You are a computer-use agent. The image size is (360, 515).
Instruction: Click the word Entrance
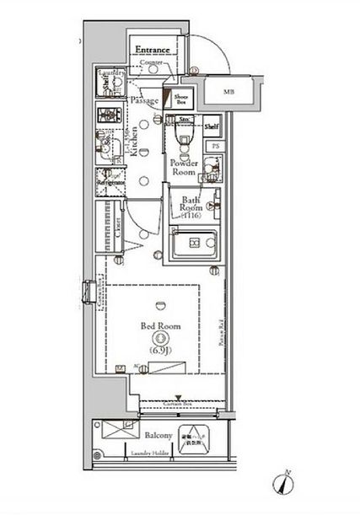(x=153, y=51)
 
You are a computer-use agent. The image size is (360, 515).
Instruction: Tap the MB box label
(x=229, y=91)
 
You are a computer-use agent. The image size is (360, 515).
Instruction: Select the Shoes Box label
(x=180, y=100)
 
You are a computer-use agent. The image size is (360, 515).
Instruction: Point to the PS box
(x=215, y=147)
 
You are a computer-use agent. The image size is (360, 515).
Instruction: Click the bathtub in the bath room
(x=195, y=244)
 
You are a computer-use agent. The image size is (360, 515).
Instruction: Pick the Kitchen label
(x=132, y=148)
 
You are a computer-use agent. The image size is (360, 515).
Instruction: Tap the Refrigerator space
(x=110, y=180)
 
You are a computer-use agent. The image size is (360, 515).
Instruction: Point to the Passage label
(x=145, y=100)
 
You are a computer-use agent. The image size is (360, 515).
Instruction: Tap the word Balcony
(x=158, y=436)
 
